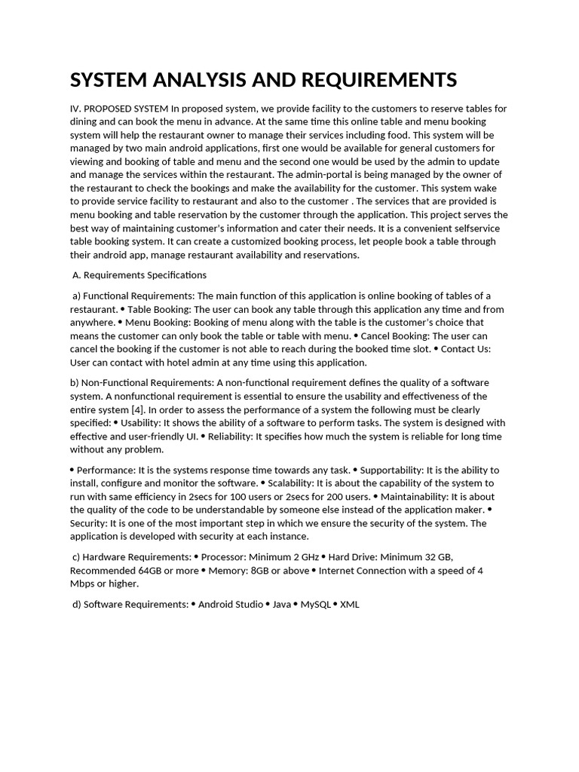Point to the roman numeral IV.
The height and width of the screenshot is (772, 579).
coord(75,109)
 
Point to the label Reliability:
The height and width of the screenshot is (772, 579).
coord(231,437)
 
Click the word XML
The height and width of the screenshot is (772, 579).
coord(350,604)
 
